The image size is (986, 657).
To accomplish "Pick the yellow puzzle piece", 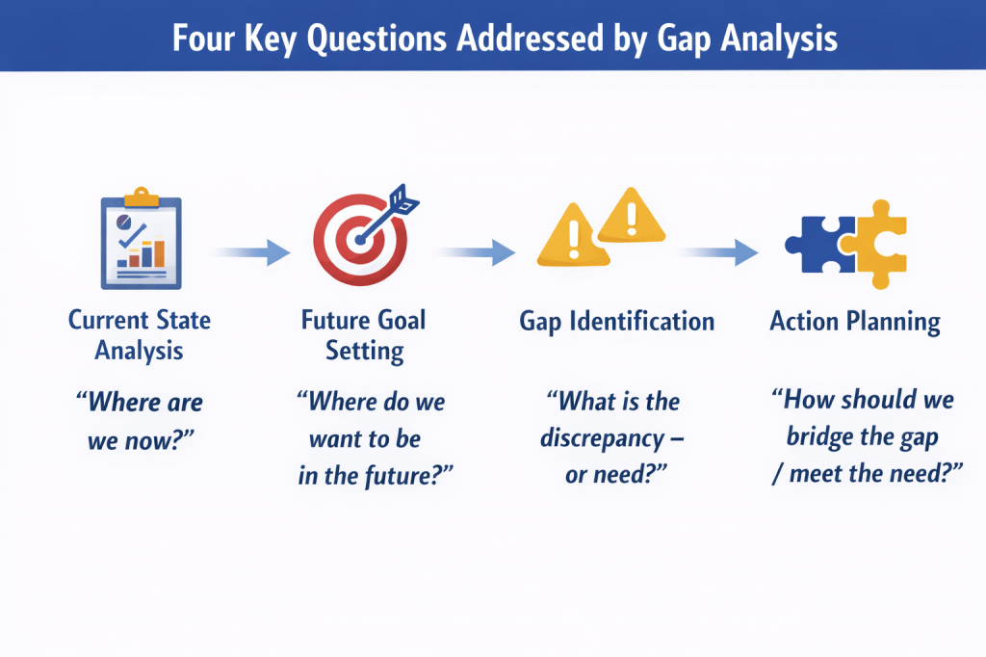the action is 875,244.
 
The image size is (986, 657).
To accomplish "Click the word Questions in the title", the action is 376,39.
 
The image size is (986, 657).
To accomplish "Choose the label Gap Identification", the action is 617,322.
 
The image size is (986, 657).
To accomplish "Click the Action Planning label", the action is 855,322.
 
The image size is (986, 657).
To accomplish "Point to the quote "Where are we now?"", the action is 140,421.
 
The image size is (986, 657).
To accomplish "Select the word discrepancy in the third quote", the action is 603,438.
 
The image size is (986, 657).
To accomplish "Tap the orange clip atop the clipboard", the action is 142,197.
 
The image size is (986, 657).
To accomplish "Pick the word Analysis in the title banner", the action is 779,39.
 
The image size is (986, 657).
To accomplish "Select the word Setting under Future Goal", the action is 365,352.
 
